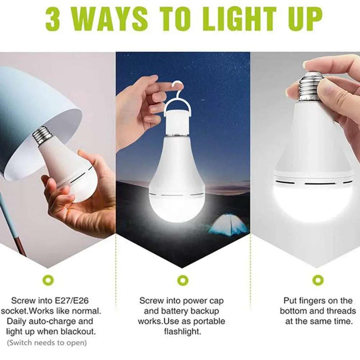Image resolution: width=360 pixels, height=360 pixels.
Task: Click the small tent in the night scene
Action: (x=229, y=224)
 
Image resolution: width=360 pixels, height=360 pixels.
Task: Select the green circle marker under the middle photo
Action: (x=183, y=279)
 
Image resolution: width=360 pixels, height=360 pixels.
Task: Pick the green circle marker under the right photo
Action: (x=318, y=279)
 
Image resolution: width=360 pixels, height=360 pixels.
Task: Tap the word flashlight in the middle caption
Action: (x=183, y=331)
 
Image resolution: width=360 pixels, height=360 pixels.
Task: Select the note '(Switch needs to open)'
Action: (x=47, y=342)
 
